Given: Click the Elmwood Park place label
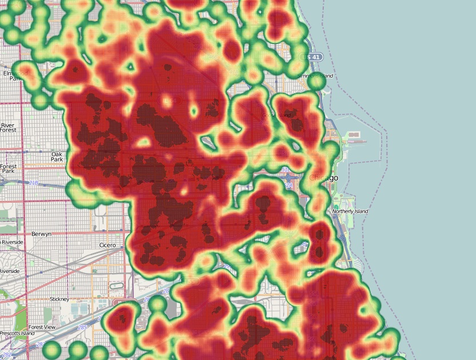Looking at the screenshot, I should coord(14,76).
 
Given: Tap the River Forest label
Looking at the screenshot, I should coord(8,128).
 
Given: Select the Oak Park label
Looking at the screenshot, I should coord(57,157).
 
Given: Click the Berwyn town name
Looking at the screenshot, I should coord(42,234).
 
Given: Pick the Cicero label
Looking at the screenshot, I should coord(107,246).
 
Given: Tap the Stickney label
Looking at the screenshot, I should coord(59,299).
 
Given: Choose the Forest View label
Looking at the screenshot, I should coord(41,327).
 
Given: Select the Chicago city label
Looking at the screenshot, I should coord(323,178).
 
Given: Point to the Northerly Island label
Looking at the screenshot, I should coord(350,211).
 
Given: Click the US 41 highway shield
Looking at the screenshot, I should coord(312,57).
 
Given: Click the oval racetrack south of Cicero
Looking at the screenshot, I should coord(116,285).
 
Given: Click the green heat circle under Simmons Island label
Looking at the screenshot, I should coord(316,83).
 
